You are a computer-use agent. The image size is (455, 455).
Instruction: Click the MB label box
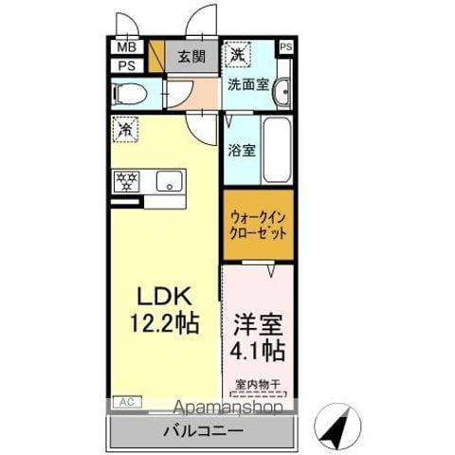click(126, 47)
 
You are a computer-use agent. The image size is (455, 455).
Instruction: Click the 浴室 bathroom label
click(241, 149)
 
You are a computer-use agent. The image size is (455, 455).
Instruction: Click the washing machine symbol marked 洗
click(237, 54)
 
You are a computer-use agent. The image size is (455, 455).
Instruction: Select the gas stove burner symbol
click(126, 181)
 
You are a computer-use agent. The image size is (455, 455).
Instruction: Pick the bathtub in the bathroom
click(277, 150)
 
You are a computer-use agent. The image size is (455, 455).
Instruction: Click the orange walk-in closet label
click(258, 226)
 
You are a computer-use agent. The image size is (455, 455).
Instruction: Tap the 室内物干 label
click(259, 385)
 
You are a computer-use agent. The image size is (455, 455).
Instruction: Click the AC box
click(125, 402)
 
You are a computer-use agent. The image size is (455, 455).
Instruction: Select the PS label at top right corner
click(285, 45)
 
